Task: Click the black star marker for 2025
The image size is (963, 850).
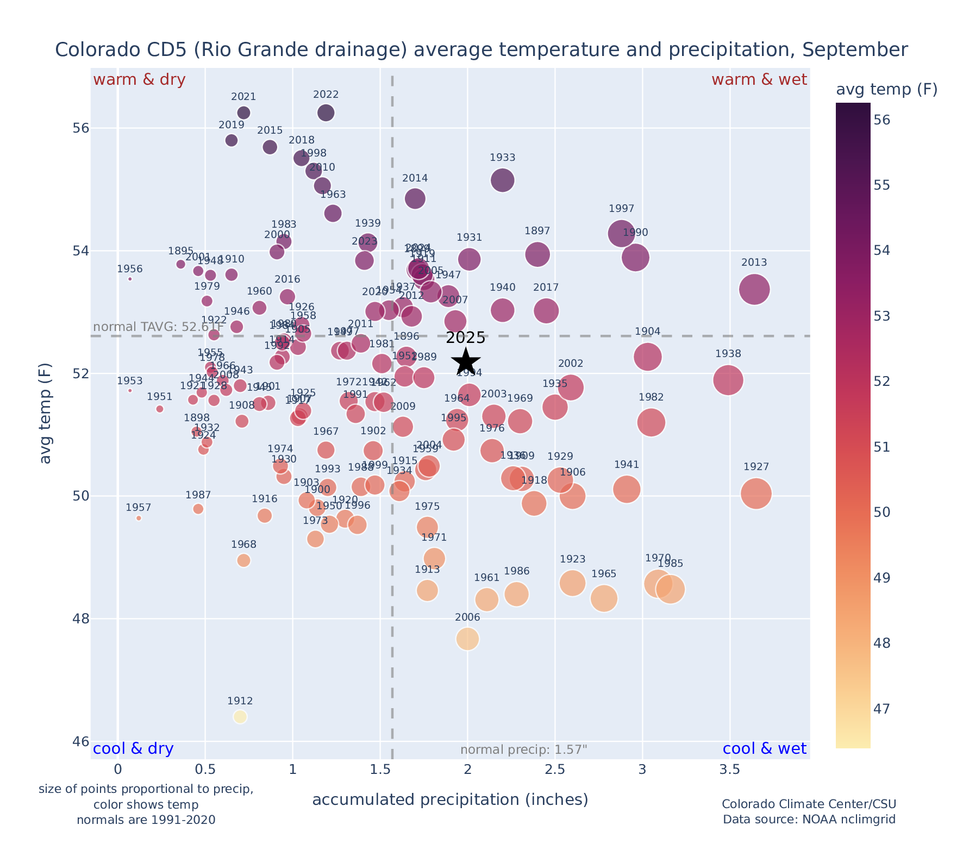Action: [x=466, y=361]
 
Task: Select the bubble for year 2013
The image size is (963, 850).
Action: [x=754, y=289]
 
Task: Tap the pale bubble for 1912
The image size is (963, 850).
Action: [x=240, y=717]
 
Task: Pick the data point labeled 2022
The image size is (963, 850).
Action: [x=326, y=112]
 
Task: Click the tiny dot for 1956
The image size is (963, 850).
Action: [x=130, y=279]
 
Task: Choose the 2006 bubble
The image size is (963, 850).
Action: [x=467, y=639]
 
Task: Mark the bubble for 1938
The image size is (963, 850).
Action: [x=728, y=380]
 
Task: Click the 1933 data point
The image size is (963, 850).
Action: [x=503, y=180]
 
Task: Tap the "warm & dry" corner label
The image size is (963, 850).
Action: [x=140, y=80]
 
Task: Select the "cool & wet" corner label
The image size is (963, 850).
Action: [x=765, y=749]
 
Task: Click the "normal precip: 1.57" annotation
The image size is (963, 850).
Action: [x=524, y=750]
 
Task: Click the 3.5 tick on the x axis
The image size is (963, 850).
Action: [x=729, y=770]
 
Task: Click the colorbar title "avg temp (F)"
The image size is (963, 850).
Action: [x=886, y=90]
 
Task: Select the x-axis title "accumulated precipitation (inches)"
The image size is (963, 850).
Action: [x=450, y=800]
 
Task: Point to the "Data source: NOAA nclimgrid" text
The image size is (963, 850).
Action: [x=809, y=819]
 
